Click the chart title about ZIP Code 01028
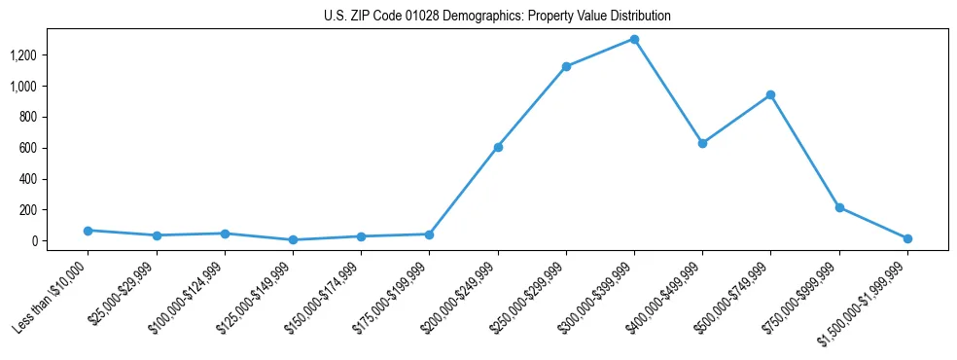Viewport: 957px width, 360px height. click(497, 17)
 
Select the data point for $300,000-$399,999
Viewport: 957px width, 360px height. click(634, 39)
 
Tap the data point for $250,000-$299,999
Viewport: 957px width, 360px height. click(566, 66)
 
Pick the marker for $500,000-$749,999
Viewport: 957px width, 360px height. click(770, 94)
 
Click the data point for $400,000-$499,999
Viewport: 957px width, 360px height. click(702, 143)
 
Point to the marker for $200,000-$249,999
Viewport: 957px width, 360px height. click(498, 147)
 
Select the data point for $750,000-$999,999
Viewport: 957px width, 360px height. click(839, 207)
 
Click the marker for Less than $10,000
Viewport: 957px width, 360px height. click(88, 231)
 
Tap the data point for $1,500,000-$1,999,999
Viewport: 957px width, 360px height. click(907, 238)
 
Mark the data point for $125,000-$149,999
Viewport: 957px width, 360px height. click(293, 239)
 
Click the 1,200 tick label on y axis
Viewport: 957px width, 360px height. click(22, 55)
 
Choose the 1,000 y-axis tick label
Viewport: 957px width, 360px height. click(22, 87)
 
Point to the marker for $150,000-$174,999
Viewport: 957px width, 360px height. click(361, 236)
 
